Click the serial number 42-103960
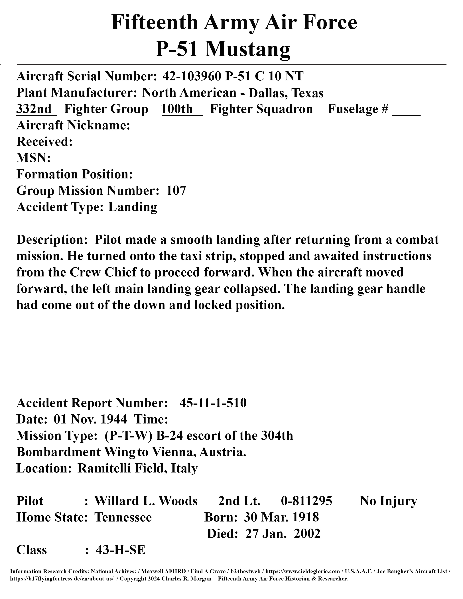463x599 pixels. [191, 76]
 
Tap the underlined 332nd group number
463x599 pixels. [34, 109]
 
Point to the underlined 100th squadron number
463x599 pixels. [177, 109]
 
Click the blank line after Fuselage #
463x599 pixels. [406, 110]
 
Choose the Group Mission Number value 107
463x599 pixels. [176, 191]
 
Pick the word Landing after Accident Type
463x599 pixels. [133, 207]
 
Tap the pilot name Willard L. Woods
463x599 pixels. [146, 501]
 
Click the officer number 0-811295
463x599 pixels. [306, 501]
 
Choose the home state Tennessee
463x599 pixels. [123, 517]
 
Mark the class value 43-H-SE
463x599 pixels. [121, 550]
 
